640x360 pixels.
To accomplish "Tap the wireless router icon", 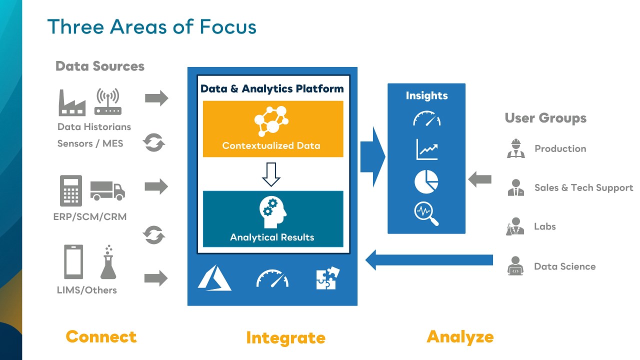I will click(107, 102).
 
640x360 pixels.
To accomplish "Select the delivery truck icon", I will click(107, 190).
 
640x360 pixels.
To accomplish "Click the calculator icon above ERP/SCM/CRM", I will click(71, 190).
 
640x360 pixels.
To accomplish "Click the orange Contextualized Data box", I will click(273, 129).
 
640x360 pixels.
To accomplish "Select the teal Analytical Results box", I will click(273, 218).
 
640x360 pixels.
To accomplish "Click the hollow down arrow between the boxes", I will click(271, 174).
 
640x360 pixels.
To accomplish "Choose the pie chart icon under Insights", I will click(426, 181).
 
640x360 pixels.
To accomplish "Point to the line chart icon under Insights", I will click(426, 149).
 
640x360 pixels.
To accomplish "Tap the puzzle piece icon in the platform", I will click(328, 278).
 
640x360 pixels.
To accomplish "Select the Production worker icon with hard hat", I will click(515, 148).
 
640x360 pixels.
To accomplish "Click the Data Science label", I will click(564, 266).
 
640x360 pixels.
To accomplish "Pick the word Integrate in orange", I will click(285, 338).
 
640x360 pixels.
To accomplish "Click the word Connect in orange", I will click(101, 336).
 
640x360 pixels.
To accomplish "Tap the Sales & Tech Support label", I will click(583, 187).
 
